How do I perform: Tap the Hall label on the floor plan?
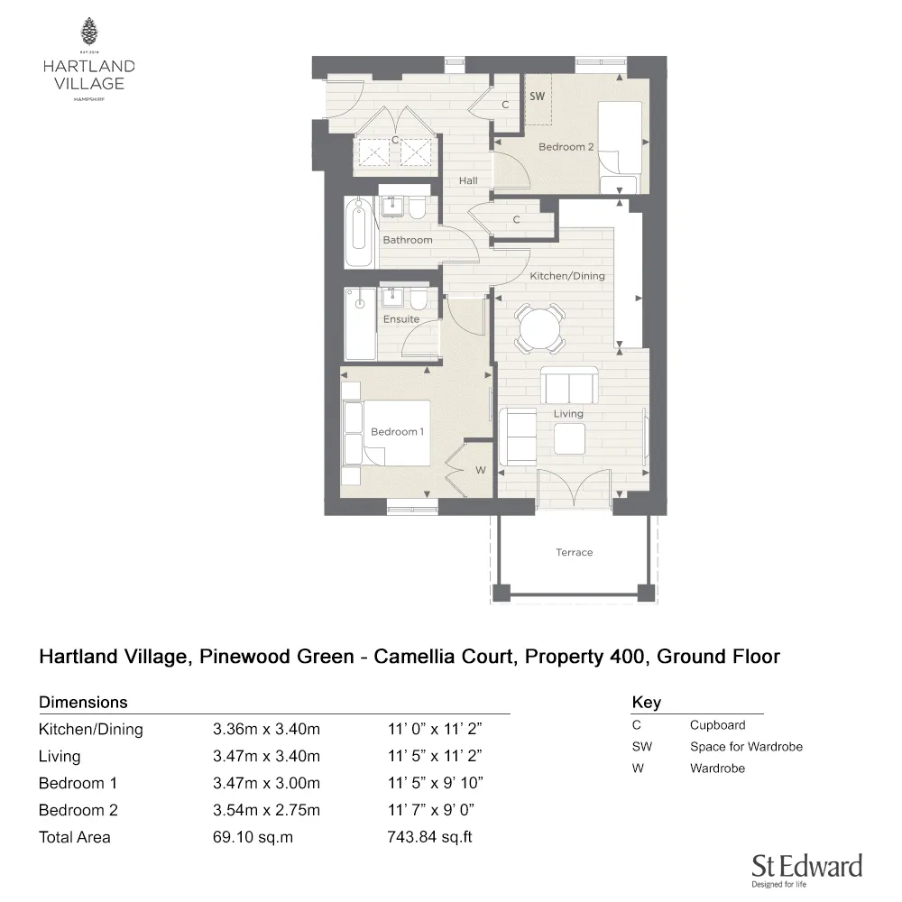(467, 180)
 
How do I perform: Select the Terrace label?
(574, 552)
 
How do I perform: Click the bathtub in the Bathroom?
(359, 232)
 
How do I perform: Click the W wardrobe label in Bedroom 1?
(480, 469)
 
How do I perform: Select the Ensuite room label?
(400, 319)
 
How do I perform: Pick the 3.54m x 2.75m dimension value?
(266, 810)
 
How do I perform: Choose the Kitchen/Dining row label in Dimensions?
(90, 730)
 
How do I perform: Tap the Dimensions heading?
(83, 702)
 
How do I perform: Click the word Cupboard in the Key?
(717, 724)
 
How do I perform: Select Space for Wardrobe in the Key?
(746, 746)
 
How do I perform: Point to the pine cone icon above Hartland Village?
(88, 32)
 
